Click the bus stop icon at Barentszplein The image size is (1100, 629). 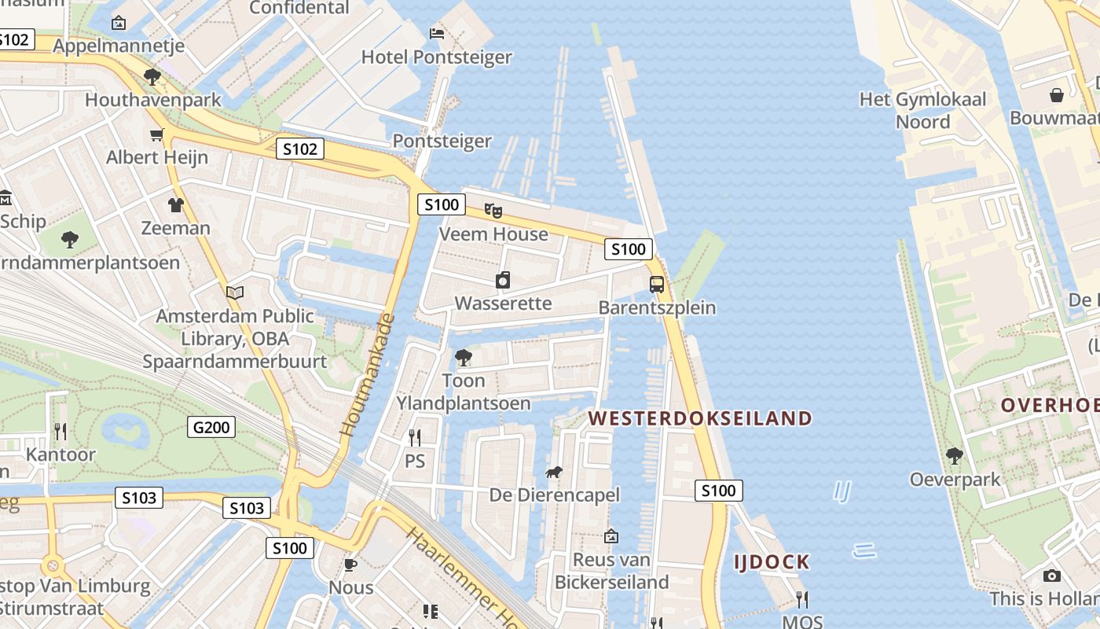[x=657, y=285]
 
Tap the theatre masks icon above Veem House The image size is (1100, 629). [x=493, y=210]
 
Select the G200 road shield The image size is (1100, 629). [x=212, y=428]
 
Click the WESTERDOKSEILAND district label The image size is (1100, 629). [x=700, y=418]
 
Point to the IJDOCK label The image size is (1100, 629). [x=772, y=562]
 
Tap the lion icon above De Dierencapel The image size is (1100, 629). [x=554, y=472]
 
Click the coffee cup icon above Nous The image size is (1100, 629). [x=350, y=565]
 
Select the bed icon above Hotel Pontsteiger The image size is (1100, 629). [x=437, y=33]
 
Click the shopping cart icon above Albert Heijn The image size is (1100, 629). [x=157, y=134]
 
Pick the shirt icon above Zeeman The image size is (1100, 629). [x=175, y=205]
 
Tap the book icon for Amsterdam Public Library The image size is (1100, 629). [x=234, y=293]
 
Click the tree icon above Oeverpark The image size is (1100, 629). [x=955, y=455]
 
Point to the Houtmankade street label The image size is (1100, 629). [x=367, y=376]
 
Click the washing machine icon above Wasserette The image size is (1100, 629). [x=503, y=280]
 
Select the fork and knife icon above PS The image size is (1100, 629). [x=415, y=437]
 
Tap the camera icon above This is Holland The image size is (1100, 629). [x=1051, y=576]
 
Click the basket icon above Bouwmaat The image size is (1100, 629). [x=1057, y=95]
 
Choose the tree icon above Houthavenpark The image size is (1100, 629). [x=152, y=77]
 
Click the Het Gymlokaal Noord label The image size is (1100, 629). [x=922, y=110]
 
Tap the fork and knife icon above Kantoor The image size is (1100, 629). [x=60, y=431]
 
